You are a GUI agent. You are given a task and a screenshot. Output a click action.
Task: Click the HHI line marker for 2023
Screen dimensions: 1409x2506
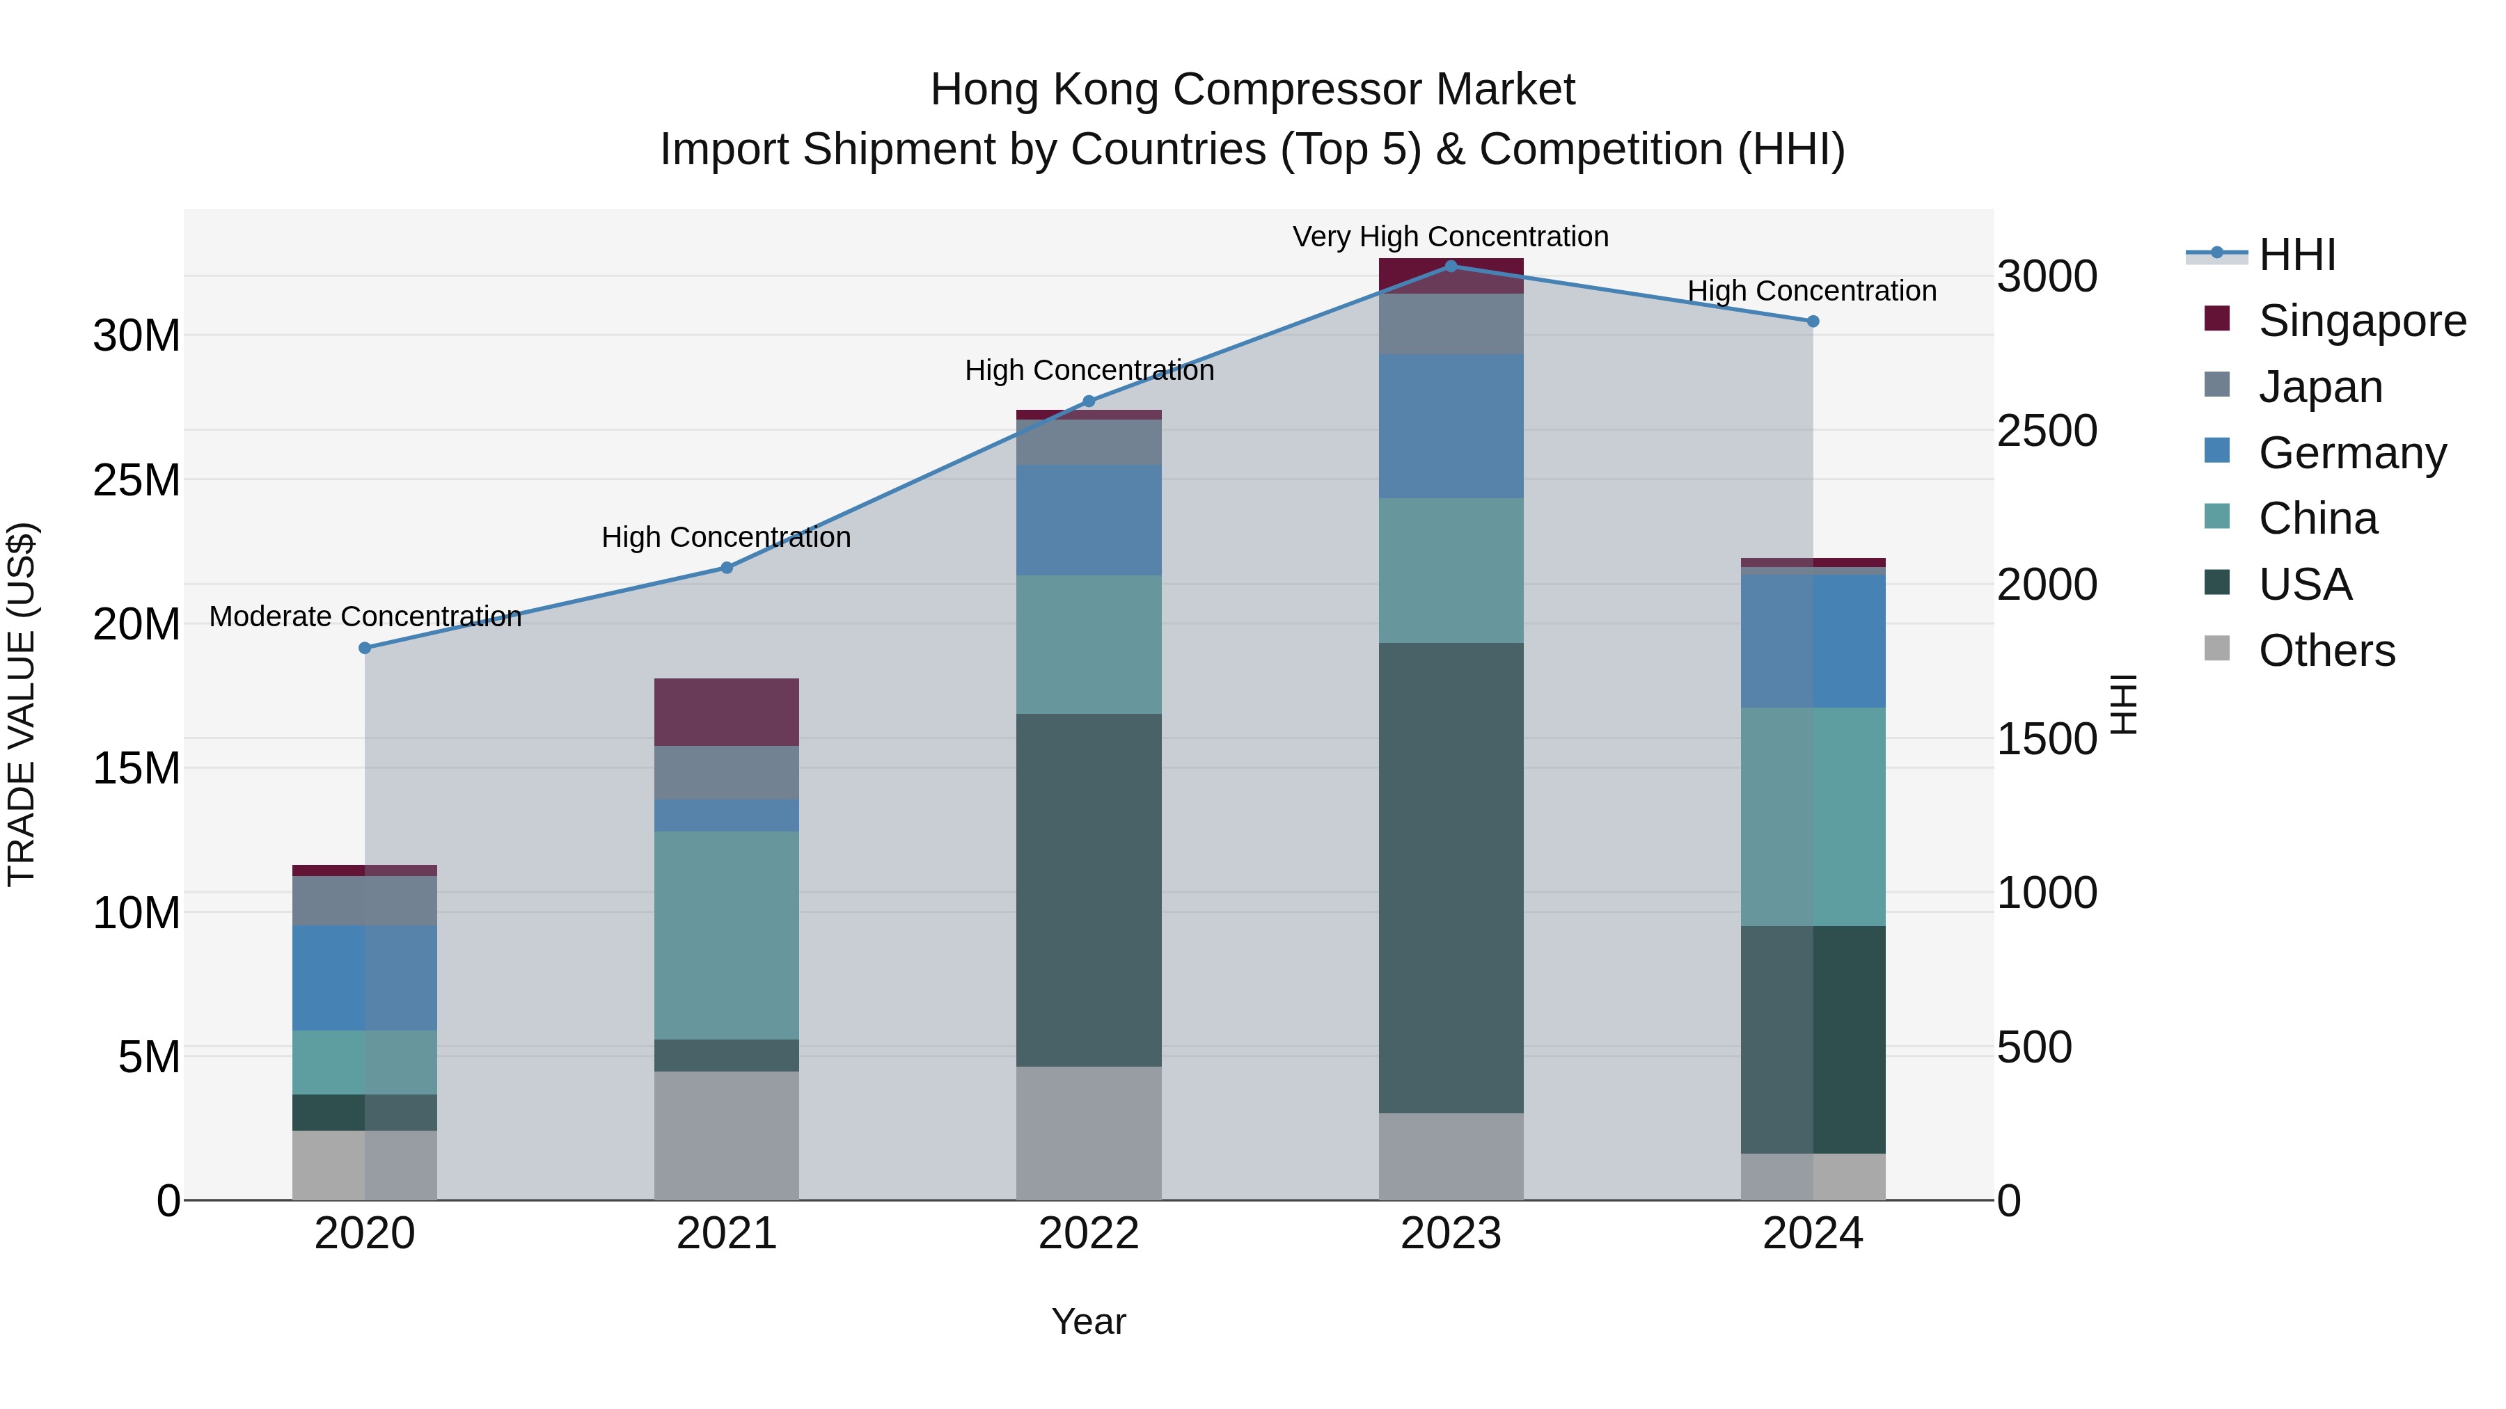tap(1451, 266)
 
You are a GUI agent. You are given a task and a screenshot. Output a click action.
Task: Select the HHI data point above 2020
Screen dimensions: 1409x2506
tap(365, 648)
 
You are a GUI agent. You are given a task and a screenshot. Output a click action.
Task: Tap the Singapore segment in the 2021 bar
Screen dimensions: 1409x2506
tap(726, 712)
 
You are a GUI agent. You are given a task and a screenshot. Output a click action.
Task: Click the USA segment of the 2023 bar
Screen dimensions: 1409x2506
tap(1451, 877)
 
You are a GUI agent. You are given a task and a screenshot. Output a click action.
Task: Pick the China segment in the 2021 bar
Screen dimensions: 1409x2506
tap(726, 934)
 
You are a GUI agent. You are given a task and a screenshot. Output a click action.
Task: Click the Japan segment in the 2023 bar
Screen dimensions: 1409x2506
tap(1451, 324)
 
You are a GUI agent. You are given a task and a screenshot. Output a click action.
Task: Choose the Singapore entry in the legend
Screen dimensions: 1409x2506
tap(2361, 321)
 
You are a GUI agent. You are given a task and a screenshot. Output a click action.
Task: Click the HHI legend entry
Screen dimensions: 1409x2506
tap(2296, 255)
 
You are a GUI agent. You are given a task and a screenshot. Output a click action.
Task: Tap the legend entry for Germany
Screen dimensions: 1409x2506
tap(2351, 453)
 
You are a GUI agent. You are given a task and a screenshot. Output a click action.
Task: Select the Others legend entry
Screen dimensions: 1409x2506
tap(2326, 651)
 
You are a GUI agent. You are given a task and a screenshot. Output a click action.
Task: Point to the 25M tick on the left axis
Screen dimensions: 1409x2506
tap(136, 479)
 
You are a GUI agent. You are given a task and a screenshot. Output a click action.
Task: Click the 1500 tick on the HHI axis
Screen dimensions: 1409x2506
tap(2047, 739)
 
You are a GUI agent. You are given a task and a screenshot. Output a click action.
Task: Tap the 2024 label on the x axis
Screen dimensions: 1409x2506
tap(1813, 1234)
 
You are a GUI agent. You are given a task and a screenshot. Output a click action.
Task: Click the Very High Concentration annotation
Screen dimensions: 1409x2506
tap(1451, 237)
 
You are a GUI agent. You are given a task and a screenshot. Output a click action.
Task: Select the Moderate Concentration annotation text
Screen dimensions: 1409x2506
tap(365, 616)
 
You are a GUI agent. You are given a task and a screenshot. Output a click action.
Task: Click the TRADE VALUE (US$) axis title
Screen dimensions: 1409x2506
tap(22, 704)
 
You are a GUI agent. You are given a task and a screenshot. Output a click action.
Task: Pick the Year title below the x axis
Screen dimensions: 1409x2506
tap(1089, 1321)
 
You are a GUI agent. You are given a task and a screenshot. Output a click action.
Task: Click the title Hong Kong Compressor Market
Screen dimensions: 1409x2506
tap(1252, 90)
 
